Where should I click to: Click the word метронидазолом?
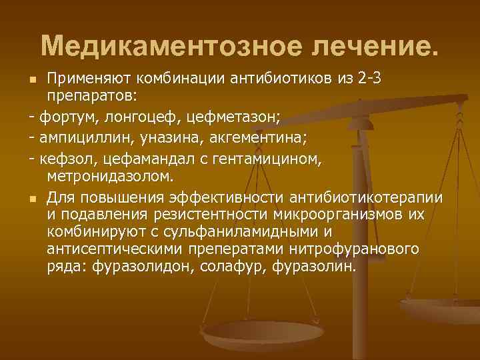(110, 176)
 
